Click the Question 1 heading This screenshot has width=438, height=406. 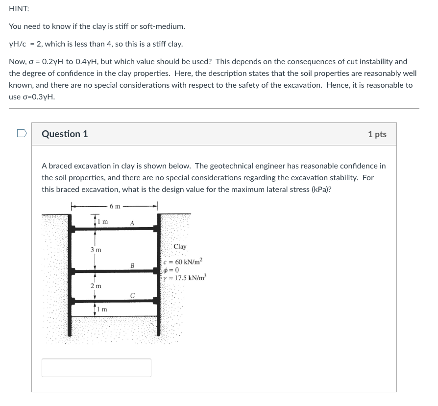[x=65, y=134]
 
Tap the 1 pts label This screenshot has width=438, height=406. [x=377, y=134]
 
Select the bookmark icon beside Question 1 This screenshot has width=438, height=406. [x=20, y=133]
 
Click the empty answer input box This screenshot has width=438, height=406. [x=96, y=368]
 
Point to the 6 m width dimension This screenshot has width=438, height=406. [x=115, y=206]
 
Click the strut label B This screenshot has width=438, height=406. [x=132, y=265]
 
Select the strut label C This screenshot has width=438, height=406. [x=132, y=295]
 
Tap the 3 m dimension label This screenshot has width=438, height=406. [x=96, y=250]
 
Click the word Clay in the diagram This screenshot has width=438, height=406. [x=180, y=247]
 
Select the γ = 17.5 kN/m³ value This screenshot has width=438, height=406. [x=186, y=278]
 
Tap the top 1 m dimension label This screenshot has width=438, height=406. [x=103, y=221]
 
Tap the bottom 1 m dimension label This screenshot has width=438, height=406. [x=103, y=309]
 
